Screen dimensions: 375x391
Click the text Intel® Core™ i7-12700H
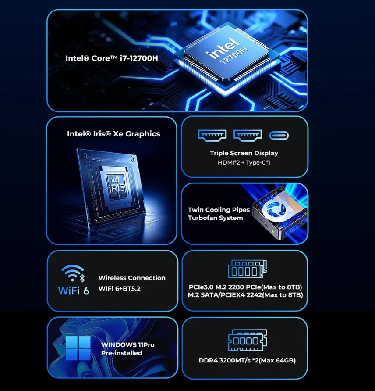coord(112,58)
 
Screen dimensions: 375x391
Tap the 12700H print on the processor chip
coord(233,56)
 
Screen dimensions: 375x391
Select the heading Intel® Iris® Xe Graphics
coord(113,134)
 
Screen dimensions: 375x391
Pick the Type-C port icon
coord(279,136)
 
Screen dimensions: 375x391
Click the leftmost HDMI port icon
coord(212,136)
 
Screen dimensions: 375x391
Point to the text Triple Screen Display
coord(244,153)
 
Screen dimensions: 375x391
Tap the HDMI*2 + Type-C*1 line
coord(244,162)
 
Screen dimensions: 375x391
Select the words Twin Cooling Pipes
coord(219,210)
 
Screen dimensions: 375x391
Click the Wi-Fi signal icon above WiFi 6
coord(72,273)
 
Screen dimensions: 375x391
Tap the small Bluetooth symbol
coord(82,278)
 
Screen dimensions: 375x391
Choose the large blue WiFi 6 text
coord(74,291)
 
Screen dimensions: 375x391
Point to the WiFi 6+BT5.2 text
coord(119,288)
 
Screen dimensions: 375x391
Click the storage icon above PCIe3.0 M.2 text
coord(247,269)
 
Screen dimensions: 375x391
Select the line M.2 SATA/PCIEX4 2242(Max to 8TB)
coord(245,295)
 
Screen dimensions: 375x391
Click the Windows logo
coord(78,348)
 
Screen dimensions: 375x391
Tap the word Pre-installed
coord(121,353)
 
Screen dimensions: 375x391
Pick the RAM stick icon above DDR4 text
coord(248,340)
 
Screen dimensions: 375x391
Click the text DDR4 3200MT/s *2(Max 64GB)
coord(247,361)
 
